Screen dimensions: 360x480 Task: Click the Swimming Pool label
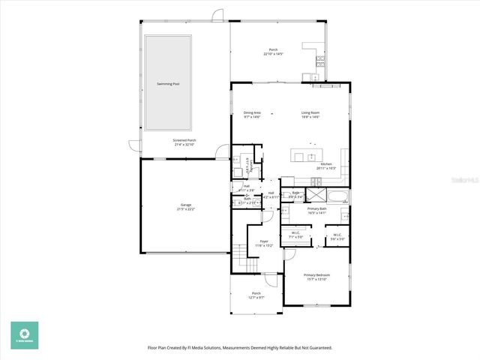pyautogui.click(x=167, y=84)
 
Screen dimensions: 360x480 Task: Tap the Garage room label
pyautogui.click(x=186, y=206)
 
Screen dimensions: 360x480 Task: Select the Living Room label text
pyautogui.click(x=310, y=112)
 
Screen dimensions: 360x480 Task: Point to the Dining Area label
pyautogui.click(x=252, y=112)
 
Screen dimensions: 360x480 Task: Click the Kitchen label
pyautogui.click(x=326, y=163)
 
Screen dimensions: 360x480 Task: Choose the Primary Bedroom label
pyautogui.click(x=316, y=275)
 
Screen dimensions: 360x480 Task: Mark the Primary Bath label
pyautogui.click(x=316, y=209)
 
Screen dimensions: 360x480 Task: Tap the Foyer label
pyautogui.click(x=263, y=242)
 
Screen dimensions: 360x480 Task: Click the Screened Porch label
pyautogui.click(x=184, y=140)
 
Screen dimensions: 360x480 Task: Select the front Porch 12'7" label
pyautogui.click(x=256, y=293)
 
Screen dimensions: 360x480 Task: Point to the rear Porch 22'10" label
pyautogui.click(x=273, y=50)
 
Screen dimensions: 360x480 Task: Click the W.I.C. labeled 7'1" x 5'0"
pyautogui.click(x=296, y=234)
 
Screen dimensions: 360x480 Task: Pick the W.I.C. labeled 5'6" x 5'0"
pyautogui.click(x=337, y=234)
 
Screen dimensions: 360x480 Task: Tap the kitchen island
pyautogui.click(x=306, y=157)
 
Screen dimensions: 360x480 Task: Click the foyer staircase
pyautogui.click(x=239, y=263)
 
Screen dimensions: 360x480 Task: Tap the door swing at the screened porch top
pyautogui.click(x=217, y=14)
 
